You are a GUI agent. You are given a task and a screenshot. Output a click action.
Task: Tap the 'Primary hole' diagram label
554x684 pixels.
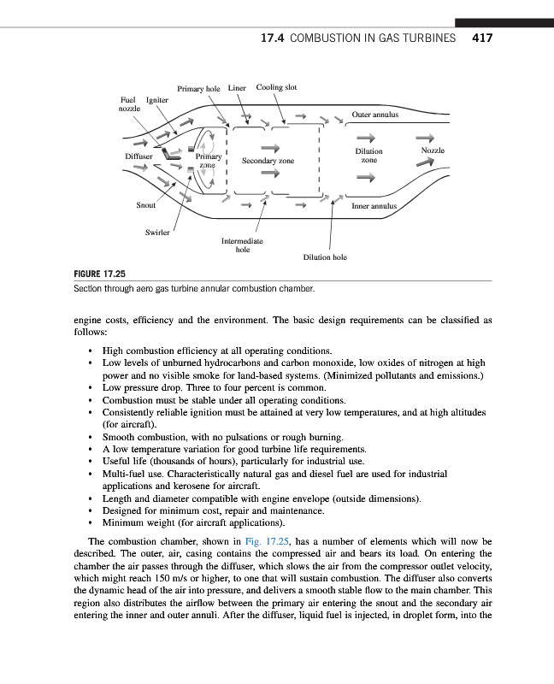(198, 88)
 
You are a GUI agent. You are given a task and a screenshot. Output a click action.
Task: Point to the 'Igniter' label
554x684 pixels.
(157, 100)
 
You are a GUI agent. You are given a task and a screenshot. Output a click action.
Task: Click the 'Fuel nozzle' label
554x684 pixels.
(129, 104)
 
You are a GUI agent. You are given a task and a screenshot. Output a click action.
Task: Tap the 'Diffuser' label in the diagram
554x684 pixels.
(138, 157)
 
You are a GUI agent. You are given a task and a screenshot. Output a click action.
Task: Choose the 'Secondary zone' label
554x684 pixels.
(268, 160)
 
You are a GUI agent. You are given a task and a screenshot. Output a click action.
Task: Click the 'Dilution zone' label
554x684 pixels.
(368, 156)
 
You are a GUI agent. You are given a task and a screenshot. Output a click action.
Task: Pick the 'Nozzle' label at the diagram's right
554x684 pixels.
(436, 151)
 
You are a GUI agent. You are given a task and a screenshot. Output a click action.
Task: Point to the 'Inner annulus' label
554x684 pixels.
(374, 206)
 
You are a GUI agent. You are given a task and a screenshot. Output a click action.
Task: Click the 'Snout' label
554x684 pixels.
(146, 206)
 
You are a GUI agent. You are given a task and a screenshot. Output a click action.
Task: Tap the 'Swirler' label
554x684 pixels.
(157, 233)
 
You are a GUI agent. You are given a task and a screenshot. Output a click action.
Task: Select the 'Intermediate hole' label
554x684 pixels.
(243, 245)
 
